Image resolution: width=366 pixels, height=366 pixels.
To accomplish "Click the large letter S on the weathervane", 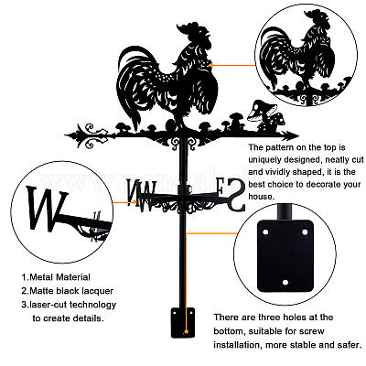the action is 235,195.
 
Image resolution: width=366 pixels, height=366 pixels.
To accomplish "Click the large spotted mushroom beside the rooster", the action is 264,116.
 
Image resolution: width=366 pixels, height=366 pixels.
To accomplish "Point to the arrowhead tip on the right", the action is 298,135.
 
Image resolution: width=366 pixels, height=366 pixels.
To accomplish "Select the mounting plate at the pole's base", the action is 183,322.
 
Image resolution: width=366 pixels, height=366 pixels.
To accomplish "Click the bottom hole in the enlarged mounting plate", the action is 285,283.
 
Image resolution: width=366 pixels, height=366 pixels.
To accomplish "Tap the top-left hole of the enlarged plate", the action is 265,232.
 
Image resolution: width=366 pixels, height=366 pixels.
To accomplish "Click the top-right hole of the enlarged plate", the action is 305,232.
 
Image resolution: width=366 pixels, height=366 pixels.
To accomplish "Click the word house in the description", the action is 260,197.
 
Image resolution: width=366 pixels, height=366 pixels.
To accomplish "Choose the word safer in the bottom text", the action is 349,345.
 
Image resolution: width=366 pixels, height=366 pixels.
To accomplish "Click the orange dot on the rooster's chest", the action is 211,65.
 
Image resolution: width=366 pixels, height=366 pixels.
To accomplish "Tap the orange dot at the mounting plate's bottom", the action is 186,331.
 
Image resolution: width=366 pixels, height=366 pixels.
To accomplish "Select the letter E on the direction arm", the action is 221,188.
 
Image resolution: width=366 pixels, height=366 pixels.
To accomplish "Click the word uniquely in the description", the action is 264,160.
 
